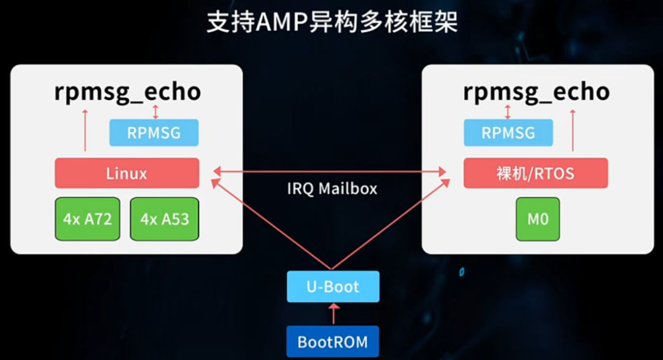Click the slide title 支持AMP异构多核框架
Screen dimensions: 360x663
tap(332, 23)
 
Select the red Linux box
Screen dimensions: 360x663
tap(127, 173)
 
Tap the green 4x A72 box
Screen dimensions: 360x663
tap(88, 219)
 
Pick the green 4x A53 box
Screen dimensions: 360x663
tap(164, 219)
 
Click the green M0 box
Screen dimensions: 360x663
tap(538, 219)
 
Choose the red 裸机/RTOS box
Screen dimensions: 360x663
tap(535, 173)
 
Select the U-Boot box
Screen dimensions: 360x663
tap(333, 286)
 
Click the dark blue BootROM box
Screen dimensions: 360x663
tap(333, 341)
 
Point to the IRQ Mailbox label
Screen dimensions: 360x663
tap(332, 188)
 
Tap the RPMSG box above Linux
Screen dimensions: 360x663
tap(154, 133)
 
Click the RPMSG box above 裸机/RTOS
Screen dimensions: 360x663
tap(508, 133)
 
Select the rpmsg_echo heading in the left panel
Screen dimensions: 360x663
tap(127, 92)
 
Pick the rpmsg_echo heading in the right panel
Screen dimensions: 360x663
tap(536, 92)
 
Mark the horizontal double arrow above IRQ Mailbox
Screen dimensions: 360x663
tap(331, 171)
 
